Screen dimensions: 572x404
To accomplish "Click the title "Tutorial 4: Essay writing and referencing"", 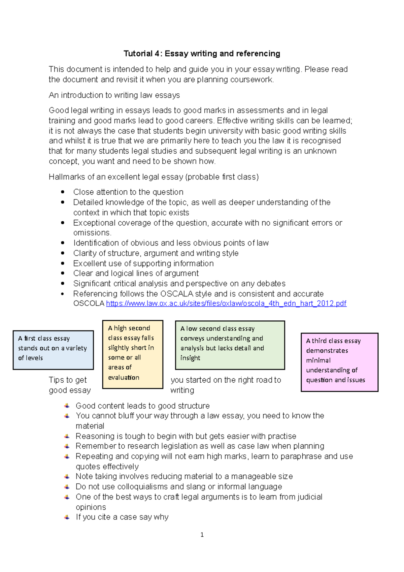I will click(x=202, y=54).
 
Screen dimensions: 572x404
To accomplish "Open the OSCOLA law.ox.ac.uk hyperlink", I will click(x=226, y=304).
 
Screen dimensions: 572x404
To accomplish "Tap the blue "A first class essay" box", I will click(x=53, y=350).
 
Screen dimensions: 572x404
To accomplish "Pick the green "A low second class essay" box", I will click(x=230, y=345).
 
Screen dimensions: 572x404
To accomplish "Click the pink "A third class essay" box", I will click(x=339, y=362).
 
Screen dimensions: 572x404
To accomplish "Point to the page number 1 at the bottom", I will click(x=202, y=535).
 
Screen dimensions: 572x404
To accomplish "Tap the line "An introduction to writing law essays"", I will click(x=114, y=95).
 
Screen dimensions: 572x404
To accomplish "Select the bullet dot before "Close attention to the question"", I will click(x=63, y=192).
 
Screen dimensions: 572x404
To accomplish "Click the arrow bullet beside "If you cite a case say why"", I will click(x=67, y=517).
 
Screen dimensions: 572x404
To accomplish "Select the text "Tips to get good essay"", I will click(x=70, y=385).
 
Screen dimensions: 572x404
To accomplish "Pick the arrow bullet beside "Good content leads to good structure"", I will click(x=67, y=406).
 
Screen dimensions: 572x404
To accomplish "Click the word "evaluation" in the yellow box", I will click(x=124, y=378).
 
